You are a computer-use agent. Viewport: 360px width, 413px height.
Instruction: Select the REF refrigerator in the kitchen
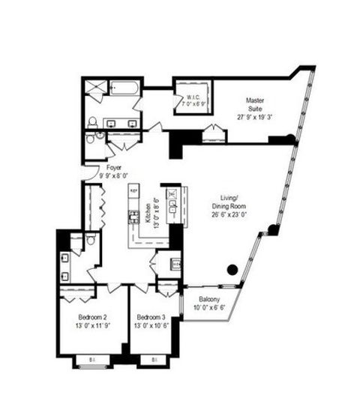[x=134, y=190]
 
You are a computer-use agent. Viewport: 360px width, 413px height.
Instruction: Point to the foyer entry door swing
[x=91, y=173]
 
